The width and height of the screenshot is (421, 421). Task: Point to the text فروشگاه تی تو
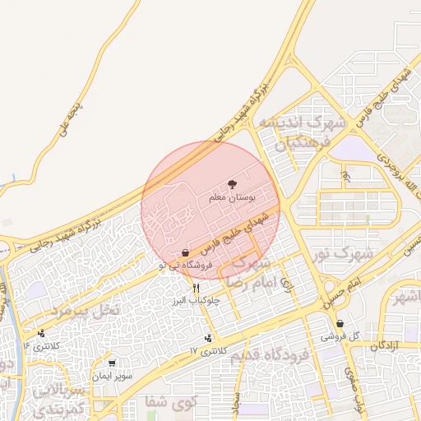(186, 265)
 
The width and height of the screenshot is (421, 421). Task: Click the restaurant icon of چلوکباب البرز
(196, 288)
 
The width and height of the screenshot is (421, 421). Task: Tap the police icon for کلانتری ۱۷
(208, 338)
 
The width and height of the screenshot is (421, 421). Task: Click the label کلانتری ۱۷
(206, 351)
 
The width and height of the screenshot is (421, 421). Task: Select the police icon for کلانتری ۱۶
(42, 333)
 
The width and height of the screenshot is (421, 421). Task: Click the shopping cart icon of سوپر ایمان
(111, 363)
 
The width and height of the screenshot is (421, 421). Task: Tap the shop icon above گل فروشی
(340, 324)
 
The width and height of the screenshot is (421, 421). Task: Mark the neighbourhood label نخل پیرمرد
(86, 310)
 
